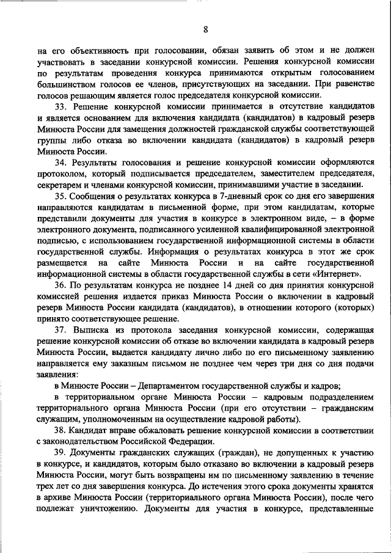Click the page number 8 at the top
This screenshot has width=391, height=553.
pyautogui.click(x=206, y=29)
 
